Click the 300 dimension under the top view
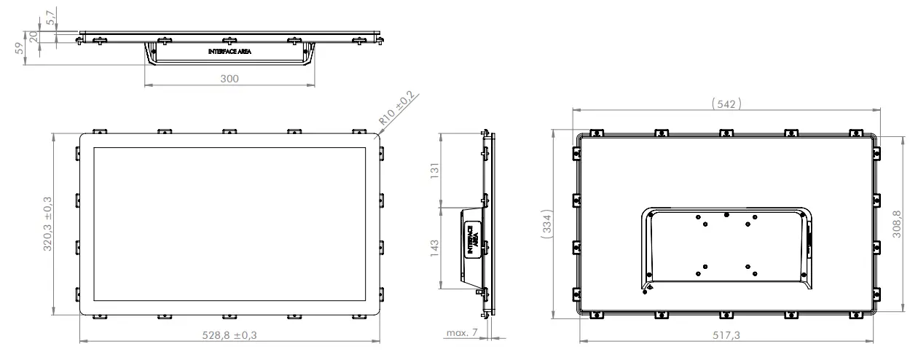[230, 79]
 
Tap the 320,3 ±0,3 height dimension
[49, 224]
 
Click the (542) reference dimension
[726, 103]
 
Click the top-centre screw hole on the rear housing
[726, 214]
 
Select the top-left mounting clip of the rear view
[597, 133]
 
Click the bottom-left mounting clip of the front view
[98, 316]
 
